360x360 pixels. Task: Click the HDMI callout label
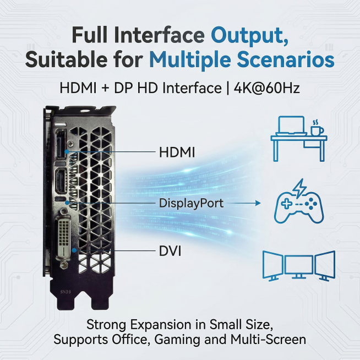[x=177, y=152]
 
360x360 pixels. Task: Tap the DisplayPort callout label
[x=191, y=203]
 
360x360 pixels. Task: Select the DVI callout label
[x=170, y=251]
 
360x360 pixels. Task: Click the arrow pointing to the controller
[x=244, y=203]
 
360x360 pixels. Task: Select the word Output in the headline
[x=249, y=36]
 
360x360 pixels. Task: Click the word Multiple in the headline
[x=190, y=60]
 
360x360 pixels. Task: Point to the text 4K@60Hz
[x=267, y=88]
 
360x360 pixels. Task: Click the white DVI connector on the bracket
[x=63, y=237]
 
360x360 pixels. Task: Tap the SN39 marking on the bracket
[x=66, y=292]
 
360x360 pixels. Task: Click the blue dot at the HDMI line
[x=67, y=151]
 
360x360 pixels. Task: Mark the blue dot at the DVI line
[x=74, y=250]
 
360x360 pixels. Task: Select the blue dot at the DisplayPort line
[x=67, y=203]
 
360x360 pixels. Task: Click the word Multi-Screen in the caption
[x=268, y=339]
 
